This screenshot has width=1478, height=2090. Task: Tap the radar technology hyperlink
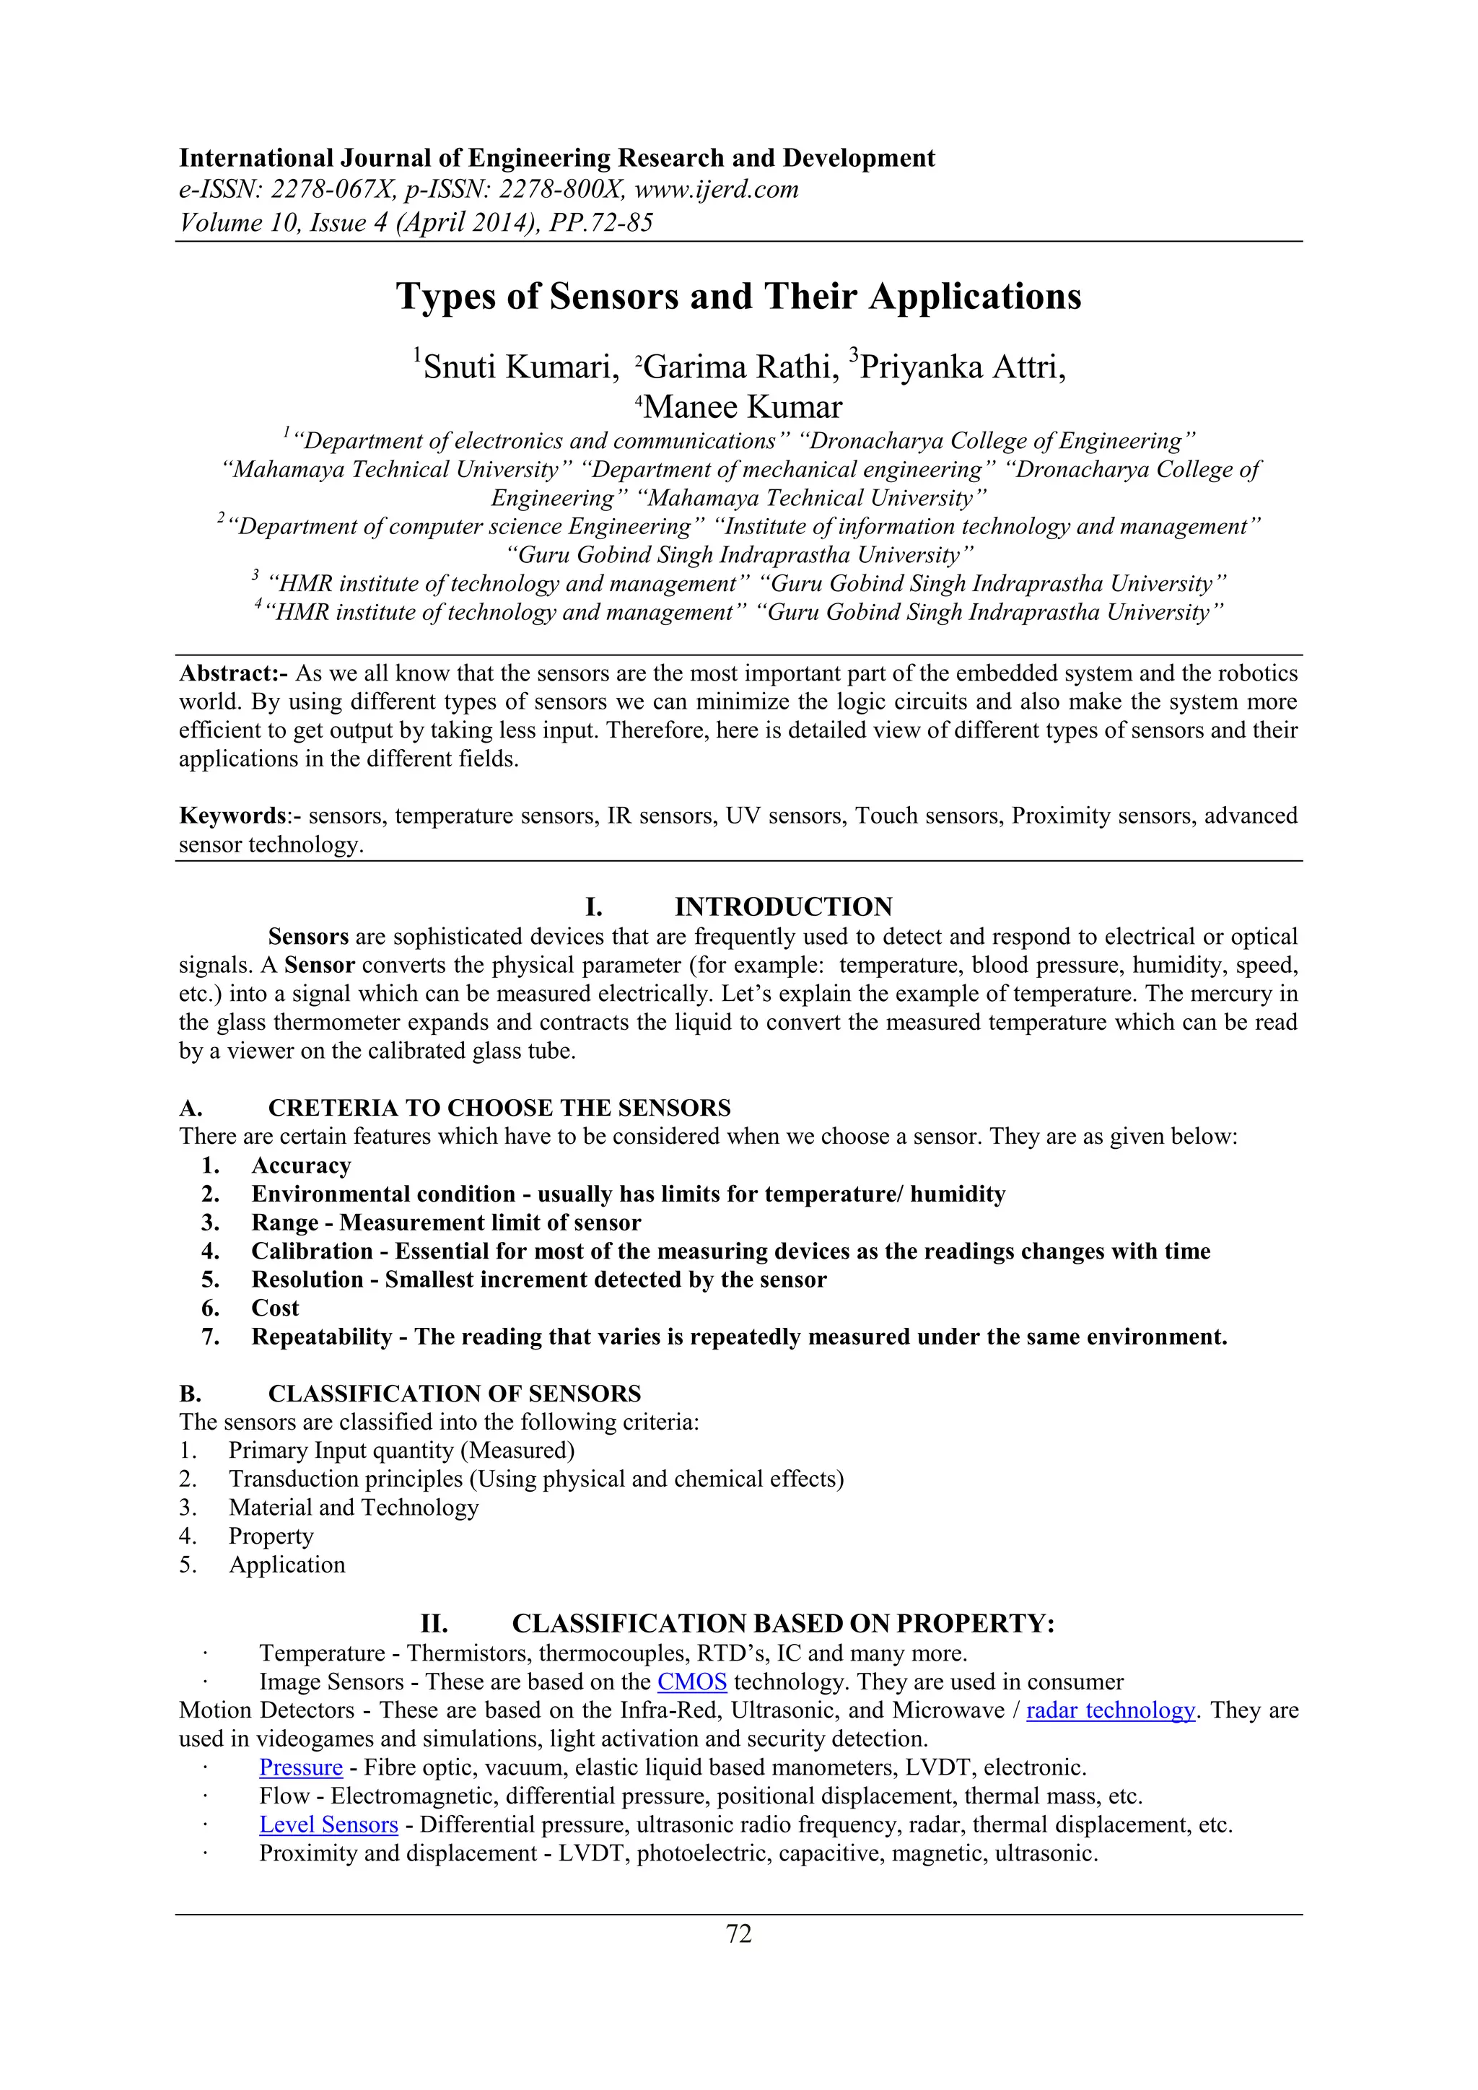[x=1111, y=1710]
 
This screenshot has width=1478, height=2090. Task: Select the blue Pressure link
[x=300, y=1767]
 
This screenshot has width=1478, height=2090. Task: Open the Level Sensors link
[x=328, y=1825]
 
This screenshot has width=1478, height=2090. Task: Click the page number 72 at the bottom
[x=739, y=1934]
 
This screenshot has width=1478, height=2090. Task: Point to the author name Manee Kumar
[x=743, y=407]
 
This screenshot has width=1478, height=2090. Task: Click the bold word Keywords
[x=233, y=816]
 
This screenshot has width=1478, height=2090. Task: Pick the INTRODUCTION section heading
[x=783, y=906]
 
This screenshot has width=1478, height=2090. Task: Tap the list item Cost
[x=275, y=1308]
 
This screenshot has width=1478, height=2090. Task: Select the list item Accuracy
[x=301, y=1166]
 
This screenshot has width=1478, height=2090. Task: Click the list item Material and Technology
[x=353, y=1508]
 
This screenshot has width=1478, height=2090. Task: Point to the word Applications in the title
[x=975, y=297]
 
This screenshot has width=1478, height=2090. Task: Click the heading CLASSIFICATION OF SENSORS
[x=454, y=1394]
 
